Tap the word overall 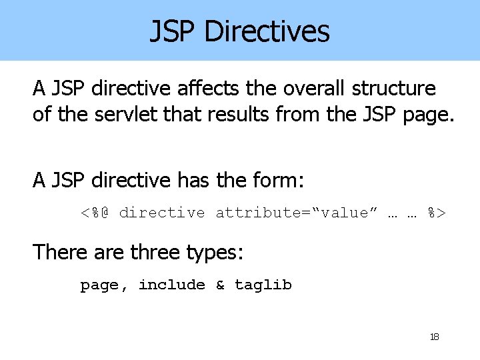click(x=306, y=89)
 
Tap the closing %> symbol click(x=437, y=213)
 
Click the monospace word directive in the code click(x=162, y=213)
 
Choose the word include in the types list click(x=171, y=285)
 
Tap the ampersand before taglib click(x=220, y=285)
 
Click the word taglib click(x=263, y=285)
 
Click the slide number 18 click(x=435, y=337)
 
